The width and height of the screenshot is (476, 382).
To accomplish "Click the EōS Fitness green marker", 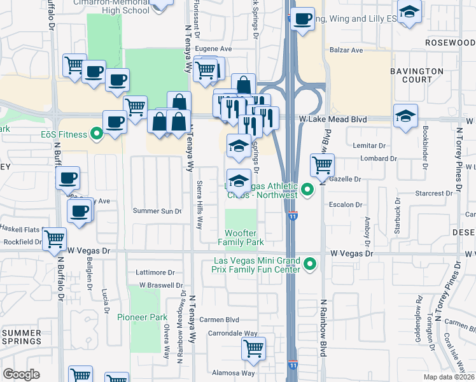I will (x=96, y=134).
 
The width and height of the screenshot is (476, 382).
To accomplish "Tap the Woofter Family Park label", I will (x=241, y=238).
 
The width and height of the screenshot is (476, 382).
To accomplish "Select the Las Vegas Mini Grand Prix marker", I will (x=310, y=264).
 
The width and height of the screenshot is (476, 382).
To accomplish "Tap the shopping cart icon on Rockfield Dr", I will (x=55, y=239).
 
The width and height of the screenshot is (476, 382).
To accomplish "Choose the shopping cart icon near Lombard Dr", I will (x=323, y=165).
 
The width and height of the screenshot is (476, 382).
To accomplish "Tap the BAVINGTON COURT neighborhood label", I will (x=417, y=75).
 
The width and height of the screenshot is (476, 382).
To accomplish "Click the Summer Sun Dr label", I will (x=157, y=211).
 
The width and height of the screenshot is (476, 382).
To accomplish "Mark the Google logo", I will (x=21, y=374).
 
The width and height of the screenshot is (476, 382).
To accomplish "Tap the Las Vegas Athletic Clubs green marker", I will (x=308, y=190).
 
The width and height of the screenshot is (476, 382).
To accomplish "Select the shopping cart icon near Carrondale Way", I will (x=253, y=348).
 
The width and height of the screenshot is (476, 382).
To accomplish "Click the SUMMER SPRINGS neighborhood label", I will (x=22, y=337).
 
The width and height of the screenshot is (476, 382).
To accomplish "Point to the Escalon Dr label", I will (x=346, y=205).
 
